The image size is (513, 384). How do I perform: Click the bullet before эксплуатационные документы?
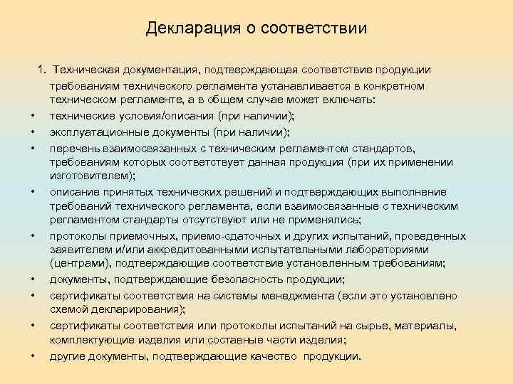pyautogui.click(x=33, y=132)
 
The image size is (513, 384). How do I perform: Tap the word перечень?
pyautogui.click(x=73, y=147)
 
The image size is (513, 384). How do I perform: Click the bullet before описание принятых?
pyautogui.click(x=33, y=192)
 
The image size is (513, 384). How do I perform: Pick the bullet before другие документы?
pyautogui.click(x=33, y=357)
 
